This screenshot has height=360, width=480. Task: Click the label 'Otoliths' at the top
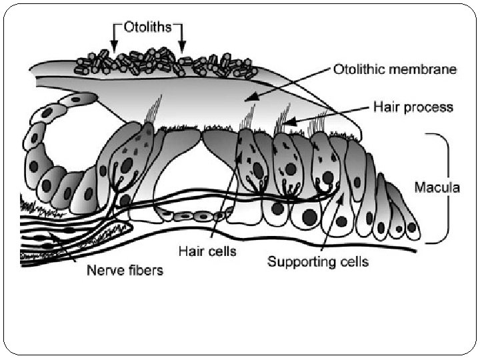(x=148, y=27)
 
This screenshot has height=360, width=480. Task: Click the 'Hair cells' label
(x=207, y=251)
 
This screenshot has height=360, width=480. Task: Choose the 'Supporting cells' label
(x=318, y=261)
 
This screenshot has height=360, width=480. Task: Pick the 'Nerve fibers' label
(x=125, y=271)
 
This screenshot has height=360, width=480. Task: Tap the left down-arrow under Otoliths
(x=114, y=41)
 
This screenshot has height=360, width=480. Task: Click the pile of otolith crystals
(x=167, y=61)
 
